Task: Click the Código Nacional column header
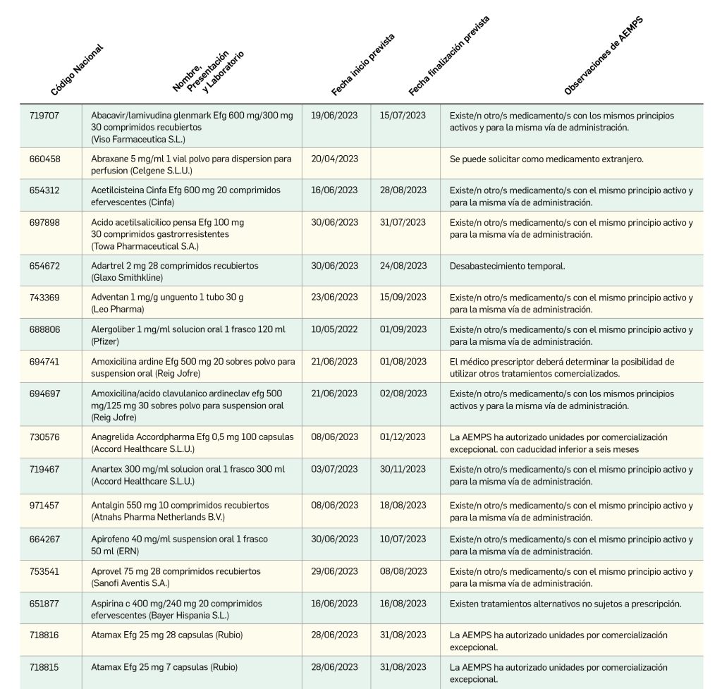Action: (x=77, y=70)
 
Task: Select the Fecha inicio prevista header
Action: (x=362, y=64)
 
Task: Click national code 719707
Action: (x=44, y=116)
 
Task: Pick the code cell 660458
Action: (x=44, y=159)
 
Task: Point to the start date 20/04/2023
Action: (x=334, y=159)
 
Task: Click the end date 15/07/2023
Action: (x=403, y=116)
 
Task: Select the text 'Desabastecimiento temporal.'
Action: (x=507, y=266)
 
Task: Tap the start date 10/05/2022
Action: (x=334, y=329)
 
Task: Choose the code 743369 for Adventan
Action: (x=44, y=298)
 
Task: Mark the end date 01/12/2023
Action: (x=403, y=437)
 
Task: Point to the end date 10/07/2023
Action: (x=403, y=539)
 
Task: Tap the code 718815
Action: (x=44, y=667)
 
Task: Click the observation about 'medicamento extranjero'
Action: (x=546, y=159)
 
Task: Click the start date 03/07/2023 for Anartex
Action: (x=334, y=470)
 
